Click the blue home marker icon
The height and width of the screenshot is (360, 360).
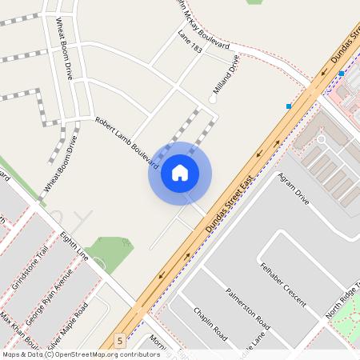point(180,173)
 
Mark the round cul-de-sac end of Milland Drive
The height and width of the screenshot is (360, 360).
point(213,99)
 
